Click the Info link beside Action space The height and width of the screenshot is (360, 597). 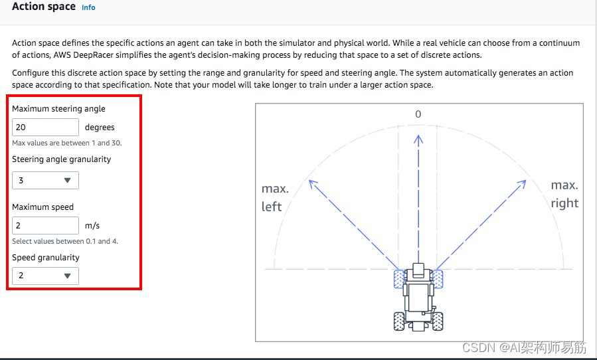[88, 7]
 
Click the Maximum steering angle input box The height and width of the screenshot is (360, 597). [45, 128]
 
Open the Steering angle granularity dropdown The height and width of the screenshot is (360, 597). [45, 180]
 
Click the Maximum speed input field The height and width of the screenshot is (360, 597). [45, 226]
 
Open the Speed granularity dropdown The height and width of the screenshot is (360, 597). [45, 276]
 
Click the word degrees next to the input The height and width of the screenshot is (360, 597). [100, 128]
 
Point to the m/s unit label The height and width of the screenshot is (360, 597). [92, 226]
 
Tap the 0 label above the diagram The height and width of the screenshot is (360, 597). [418, 114]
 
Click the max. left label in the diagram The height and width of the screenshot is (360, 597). [275, 198]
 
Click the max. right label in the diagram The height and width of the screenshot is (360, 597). [564, 195]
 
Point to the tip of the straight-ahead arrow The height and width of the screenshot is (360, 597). [418, 135]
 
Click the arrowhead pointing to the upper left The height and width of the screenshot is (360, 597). [313, 184]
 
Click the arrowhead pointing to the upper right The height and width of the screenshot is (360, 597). [523, 184]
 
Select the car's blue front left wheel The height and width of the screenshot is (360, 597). [399, 279]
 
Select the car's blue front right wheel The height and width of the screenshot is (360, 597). [438, 279]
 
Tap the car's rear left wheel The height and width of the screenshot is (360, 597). [399, 321]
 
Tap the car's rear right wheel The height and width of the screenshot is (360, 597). [438, 321]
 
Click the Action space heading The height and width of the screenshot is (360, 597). [44, 7]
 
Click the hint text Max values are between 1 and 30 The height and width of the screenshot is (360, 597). [67, 143]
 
